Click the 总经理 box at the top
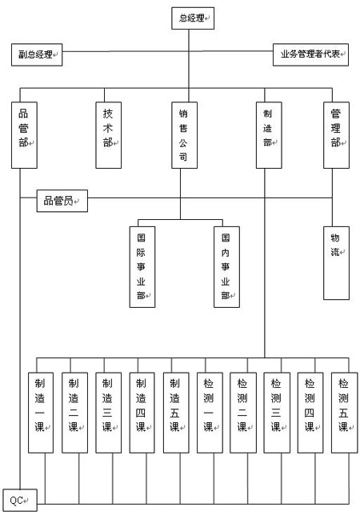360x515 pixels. tap(193, 18)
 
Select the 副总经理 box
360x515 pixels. tap(37, 54)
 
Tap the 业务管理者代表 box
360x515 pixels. tap(310, 54)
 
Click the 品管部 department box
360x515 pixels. tap(24, 135)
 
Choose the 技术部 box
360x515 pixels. tap(108, 135)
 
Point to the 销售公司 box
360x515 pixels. tap(184, 135)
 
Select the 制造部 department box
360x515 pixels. tap(269, 135)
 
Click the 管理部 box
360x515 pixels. tap(336, 135)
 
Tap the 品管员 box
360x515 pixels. tap(62, 201)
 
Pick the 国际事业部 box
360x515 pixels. tap(142, 267)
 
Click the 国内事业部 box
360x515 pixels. tap(226, 267)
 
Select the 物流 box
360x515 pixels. tap(336, 263)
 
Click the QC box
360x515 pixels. tap(20, 501)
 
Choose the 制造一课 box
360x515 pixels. tap(41, 413)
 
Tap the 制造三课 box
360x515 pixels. tap(108, 413)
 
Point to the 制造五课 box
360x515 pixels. tap(176, 413)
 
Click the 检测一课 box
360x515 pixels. tap(210, 413)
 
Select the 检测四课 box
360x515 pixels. tap(310, 413)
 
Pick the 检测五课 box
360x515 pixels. tap(344, 413)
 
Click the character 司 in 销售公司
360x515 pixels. tap(183, 157)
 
